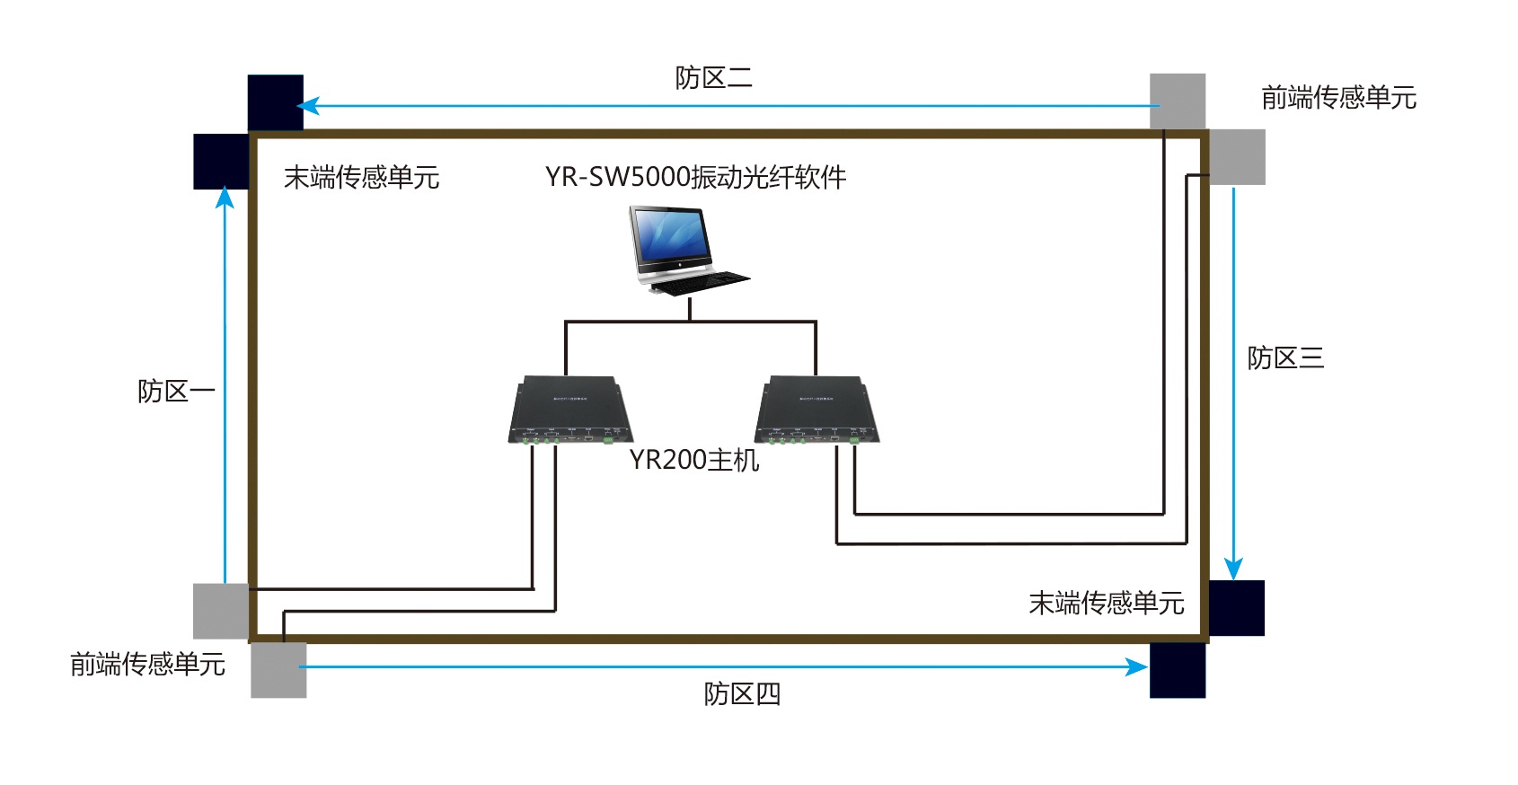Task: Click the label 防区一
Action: coord(176,392)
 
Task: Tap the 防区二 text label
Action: coord(713,78)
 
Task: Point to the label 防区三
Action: coord(1285,358)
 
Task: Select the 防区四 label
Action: coord(742,694)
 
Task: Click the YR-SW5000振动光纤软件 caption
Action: coord(695,177)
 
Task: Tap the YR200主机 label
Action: coord(693,460)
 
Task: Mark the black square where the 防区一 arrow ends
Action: coord(221,162)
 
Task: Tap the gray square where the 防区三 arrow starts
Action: coord(1237,157)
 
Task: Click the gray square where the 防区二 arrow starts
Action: coord(1178,101)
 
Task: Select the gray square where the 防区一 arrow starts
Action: coord(221,611)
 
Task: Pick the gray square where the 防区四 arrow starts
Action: coord(278,670)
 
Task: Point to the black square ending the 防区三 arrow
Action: coord(1237,608)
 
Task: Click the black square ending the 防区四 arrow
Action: coord(1178,670)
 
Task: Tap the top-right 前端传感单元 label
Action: coord(1338,97)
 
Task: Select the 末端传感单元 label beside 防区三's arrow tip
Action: coord(1106,603)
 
